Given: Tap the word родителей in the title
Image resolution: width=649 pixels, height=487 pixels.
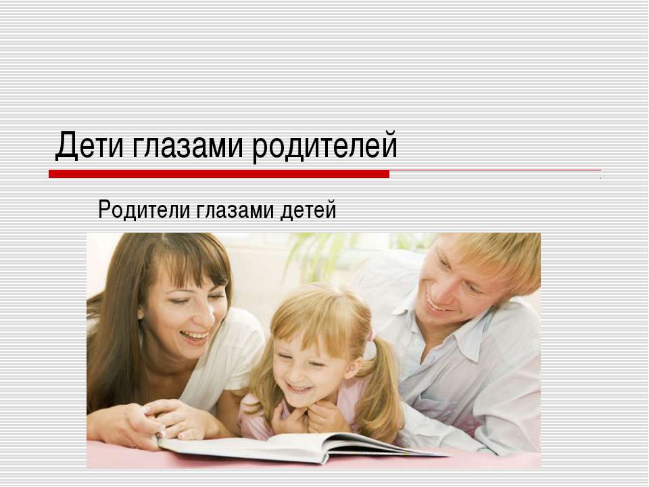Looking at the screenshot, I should click(325, 146).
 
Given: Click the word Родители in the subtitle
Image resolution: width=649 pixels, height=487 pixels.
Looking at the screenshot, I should click(143, 210).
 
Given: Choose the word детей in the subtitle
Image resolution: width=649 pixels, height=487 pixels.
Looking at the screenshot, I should click(309, 210).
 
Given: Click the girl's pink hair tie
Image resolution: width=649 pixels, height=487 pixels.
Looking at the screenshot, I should click(371, 336).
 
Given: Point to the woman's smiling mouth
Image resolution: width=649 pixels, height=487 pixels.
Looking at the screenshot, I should click(195, 334).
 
